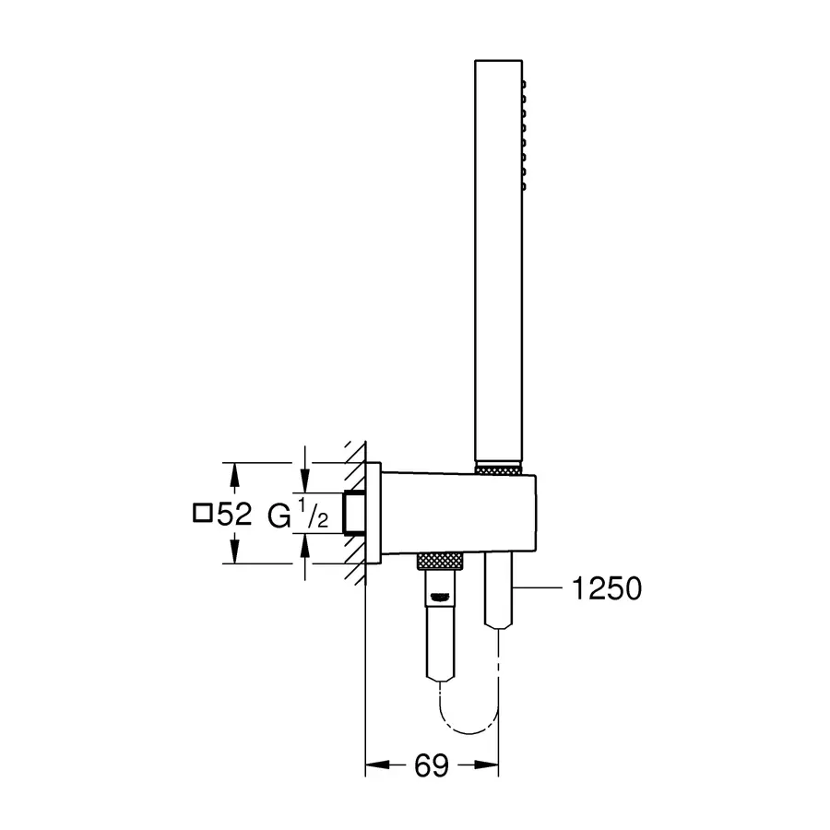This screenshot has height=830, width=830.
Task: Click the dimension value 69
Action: pos(432,765)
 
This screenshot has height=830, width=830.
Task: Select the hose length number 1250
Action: pos(607,588)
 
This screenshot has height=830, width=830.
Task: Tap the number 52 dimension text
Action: pos(234,514)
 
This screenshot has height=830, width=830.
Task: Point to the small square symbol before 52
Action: pos(203,514)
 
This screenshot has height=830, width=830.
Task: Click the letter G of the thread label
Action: pos(279,516)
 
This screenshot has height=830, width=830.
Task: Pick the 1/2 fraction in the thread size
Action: pos(314,514)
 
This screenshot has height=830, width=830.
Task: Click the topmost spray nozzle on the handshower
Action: pos(524,84)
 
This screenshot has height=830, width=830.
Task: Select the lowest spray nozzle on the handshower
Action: pos(524,186)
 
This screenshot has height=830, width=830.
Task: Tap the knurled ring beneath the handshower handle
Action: pos(499,468)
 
